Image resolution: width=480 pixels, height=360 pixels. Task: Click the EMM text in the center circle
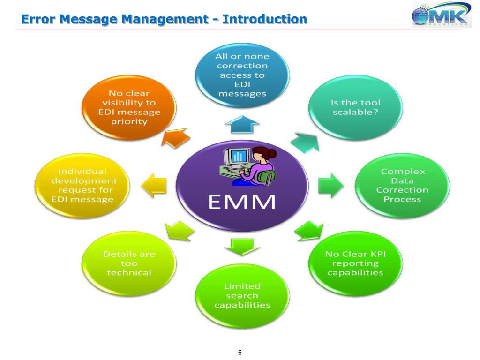[x=241, y=202]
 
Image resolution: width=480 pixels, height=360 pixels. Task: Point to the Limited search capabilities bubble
[x=242, y=296]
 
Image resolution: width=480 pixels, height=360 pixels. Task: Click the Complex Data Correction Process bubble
[x=402, y=186]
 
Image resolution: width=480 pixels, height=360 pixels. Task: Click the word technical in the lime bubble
[x=129, y=272]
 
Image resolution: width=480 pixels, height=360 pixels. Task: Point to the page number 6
[x=240, y=352]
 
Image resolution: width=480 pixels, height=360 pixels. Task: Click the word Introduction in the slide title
[x=265, y=20]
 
